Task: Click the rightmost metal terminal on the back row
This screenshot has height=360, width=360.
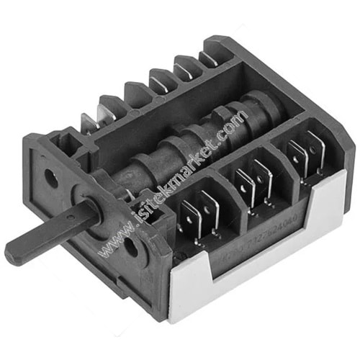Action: pos(210,58)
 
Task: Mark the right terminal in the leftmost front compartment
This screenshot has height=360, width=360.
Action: pos(209,209)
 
